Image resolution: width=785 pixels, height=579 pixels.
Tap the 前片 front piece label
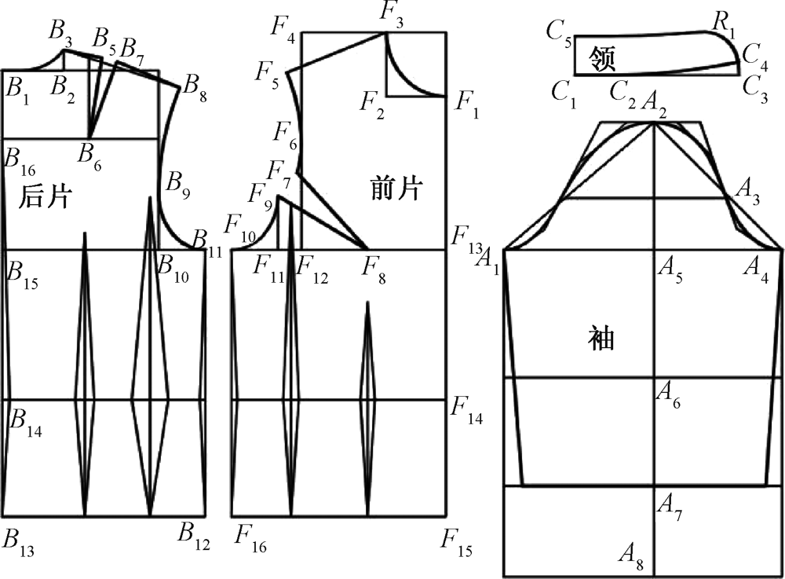tap(396, 189)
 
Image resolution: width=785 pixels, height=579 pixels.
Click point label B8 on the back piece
tap(195, 86)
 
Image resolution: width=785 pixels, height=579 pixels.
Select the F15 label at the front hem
tap(455, 541)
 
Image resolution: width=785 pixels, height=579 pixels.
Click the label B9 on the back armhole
tap(178, 185)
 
